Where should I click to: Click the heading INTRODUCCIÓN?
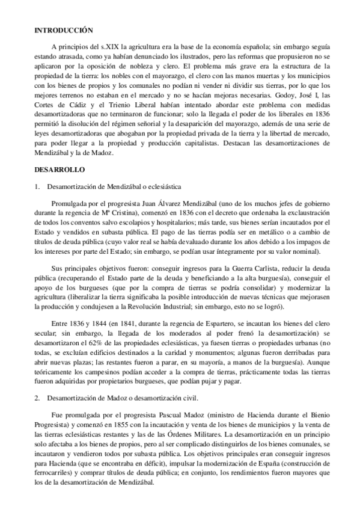pyautogui.click(x=64, y=29)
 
